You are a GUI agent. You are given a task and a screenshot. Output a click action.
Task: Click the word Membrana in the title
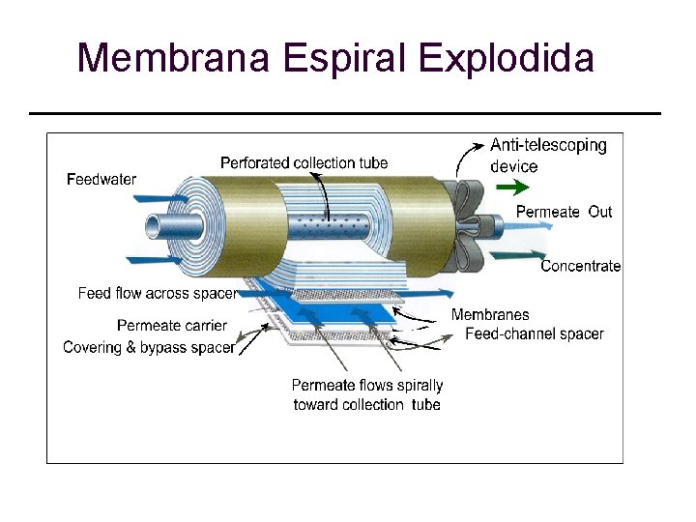[174, 58]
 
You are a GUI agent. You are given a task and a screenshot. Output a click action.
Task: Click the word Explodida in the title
[507, 58]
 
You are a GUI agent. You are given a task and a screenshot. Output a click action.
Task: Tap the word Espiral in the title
[350, 58]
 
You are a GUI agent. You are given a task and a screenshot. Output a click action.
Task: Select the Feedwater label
[101, 179]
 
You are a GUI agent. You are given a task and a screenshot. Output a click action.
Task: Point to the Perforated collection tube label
[304, 162]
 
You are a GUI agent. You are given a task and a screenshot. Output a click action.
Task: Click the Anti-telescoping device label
[547, 156]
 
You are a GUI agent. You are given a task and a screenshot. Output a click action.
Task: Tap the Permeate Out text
[564, 212]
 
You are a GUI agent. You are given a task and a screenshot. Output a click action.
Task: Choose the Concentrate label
[580, 266]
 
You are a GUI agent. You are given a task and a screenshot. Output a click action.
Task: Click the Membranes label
[490, 315]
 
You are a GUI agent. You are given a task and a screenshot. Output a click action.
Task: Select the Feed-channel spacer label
[534, 334]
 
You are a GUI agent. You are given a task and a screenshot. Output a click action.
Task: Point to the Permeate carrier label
[172, 326]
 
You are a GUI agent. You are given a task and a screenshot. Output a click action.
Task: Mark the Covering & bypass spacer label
[149, 348]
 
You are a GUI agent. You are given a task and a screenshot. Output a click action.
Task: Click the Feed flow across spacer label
[157, 293]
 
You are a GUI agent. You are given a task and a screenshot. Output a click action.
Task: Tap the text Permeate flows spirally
[367, 386]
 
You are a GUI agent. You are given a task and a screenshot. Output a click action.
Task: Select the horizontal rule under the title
[345, 113]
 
